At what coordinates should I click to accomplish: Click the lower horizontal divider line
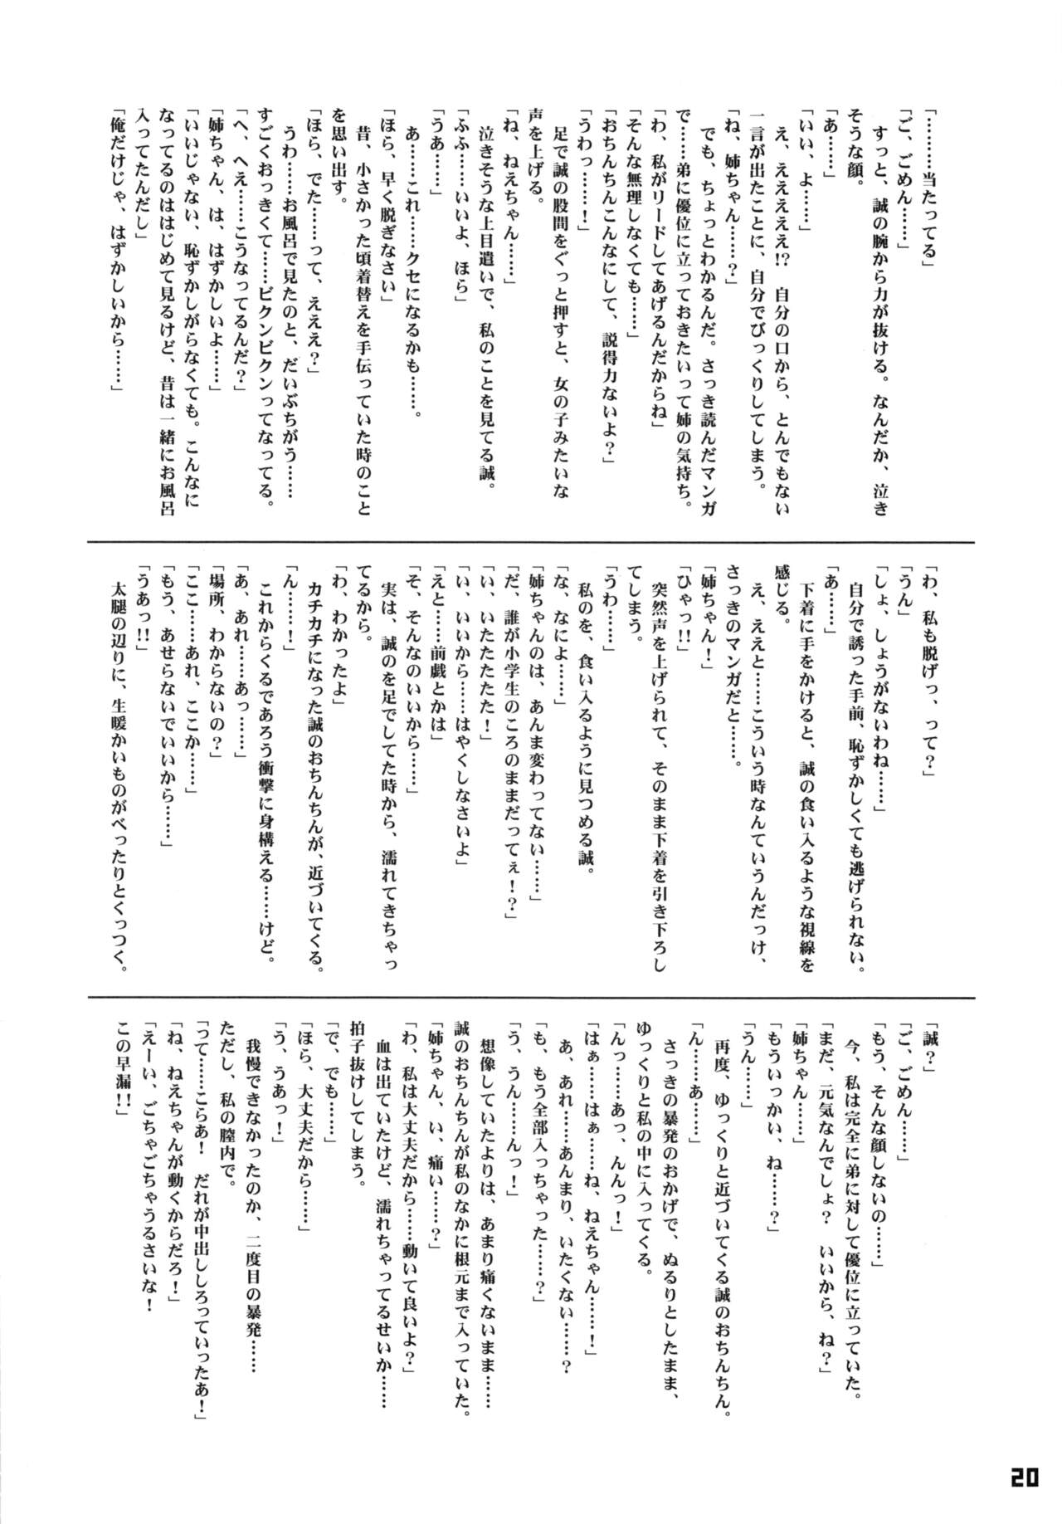531,997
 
